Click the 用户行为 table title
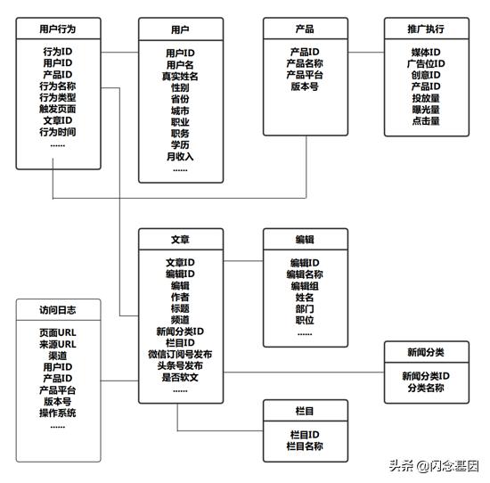click(58, 29)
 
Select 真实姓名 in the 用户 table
click(180, 77)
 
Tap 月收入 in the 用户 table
click(180, 157)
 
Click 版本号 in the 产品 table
click(305, 86)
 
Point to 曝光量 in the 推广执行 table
click(426, 110)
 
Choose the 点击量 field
click(426, 121)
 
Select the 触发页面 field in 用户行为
click(58, 109)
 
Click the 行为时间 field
click(58, 132)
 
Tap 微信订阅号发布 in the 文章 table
click(180, 354)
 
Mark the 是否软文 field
click(180, 377)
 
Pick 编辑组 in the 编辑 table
click(305, 286)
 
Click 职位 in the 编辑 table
click(305, 321)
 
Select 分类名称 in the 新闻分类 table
click(426, 388)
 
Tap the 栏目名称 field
click(305, 446)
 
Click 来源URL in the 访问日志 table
click(58, 344)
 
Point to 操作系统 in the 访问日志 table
click(58, 413)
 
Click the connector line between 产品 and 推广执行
click(366, 53)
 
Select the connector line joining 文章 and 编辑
click(243, 261)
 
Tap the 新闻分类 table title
click(426, 352)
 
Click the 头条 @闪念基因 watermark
click(435, 466)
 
